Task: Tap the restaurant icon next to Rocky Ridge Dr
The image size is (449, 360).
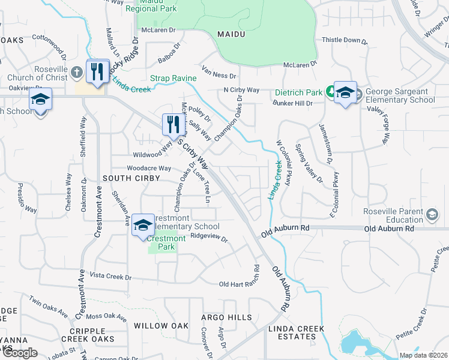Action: pyautogui.click(x=96, y=71)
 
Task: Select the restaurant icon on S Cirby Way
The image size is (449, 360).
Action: pyautogui.click(x=172, y=125)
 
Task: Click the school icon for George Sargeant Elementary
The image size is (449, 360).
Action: pyautogui.click(x=345, y=92)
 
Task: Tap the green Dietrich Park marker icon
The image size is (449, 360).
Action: pyautogui.click(x=330, y=92)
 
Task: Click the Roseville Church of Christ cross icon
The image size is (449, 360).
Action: pyautogui.click(x=76, y=73)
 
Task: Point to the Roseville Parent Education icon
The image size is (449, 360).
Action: pyautogui.click(x=431, y=215)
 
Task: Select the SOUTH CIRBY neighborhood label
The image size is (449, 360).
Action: pyautogui.click(x=131, y=178)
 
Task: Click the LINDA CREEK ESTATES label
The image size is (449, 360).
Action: pyautogui.click(x=296, y=332)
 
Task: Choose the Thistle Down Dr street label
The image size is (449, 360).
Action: pyautogui.click(x=345, y=40)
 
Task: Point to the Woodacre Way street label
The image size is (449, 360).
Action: pyautogui.click(x=148, y=169)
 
